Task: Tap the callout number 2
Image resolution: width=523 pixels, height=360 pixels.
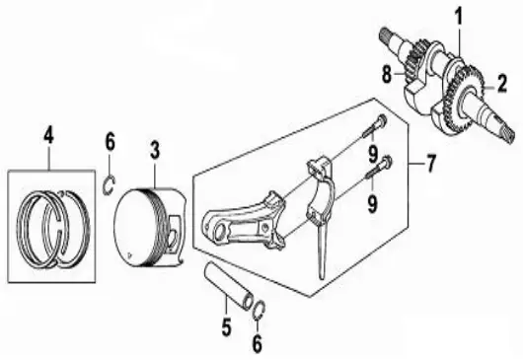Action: tap(501, 81)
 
